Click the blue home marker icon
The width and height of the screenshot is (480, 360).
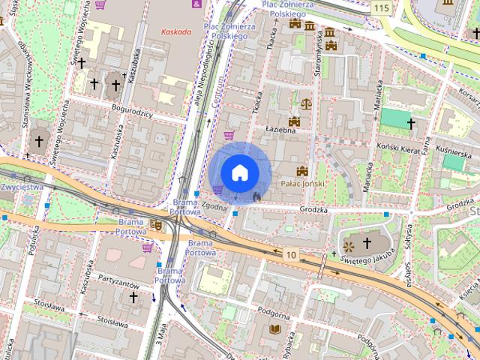[240, 172]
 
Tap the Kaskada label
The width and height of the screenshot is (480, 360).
[178, 32]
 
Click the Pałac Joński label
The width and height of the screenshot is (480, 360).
[301, 183]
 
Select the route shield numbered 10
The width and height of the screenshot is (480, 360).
[290, 255]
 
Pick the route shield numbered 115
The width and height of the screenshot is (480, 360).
[380, 7]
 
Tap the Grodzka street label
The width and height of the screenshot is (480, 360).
[313, 210]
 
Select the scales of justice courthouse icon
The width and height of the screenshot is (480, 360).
[305, 102]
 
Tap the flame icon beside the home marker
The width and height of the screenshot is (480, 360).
[257, 196]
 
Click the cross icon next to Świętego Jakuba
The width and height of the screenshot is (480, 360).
[367, 243]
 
